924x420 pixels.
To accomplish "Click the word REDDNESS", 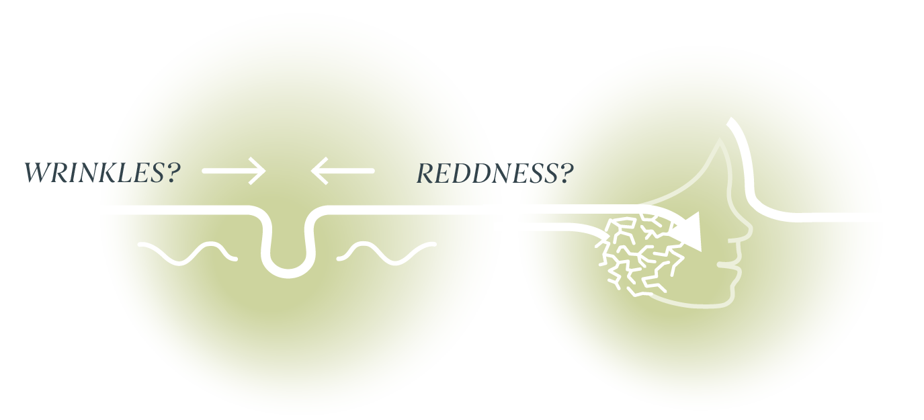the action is [487, 173].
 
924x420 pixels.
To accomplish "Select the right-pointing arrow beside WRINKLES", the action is [234, 171].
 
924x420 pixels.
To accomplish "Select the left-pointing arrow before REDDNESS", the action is [342, 171].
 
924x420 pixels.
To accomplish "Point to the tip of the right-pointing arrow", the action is [265, 171].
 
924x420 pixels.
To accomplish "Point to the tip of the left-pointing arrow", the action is [311, 171].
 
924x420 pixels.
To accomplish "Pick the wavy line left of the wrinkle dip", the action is [187, 253].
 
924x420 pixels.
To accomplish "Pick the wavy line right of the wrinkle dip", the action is [386, 253].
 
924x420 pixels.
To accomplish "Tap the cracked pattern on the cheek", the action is [639, 256].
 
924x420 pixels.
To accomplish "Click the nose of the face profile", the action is [747, 231].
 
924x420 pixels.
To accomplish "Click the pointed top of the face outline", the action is [720, 140].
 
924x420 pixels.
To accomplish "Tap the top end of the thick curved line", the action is [730, 120].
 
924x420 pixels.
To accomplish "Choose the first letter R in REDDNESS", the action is [425, 173].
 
